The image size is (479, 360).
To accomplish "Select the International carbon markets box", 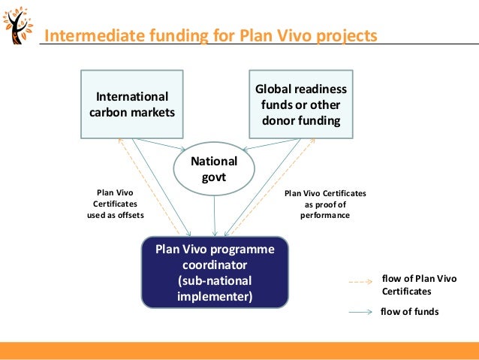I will (131, 104).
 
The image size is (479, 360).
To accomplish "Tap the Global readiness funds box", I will (301, 104).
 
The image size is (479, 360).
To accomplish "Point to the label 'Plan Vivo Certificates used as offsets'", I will (116, 204).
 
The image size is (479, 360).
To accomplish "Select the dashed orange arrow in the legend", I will (361, 283).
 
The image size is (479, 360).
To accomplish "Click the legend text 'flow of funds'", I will (410, 311).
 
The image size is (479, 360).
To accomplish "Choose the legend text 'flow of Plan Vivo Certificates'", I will (419, 284).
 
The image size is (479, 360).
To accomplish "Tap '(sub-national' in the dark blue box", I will (215, 280).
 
